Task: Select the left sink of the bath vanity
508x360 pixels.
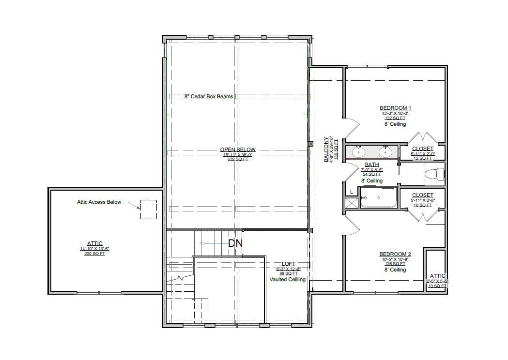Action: tap(358, 152)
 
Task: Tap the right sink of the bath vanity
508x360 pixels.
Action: tap(385, 152)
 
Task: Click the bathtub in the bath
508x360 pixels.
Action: tap(380, 198)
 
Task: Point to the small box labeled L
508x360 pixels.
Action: tap(351, 192)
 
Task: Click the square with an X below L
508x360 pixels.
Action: tap(351, 203)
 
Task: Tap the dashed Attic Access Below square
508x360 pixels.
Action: tap(149, 210)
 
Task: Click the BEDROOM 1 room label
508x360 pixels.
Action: tap(395, 108)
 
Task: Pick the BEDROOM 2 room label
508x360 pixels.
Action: tap(395, 254)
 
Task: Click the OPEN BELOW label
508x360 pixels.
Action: tap(237, 150)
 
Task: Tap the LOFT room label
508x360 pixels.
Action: tap(289, 264)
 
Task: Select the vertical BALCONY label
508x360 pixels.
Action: tap(326, 149)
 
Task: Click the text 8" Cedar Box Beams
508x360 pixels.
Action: tap(208, 96)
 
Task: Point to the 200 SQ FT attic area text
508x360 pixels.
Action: tap(94, 254)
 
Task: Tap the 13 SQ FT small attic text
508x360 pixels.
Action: tap(437, 286)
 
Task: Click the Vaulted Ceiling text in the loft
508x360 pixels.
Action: tap(288, 280)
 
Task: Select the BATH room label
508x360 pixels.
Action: tap(371, 165)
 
